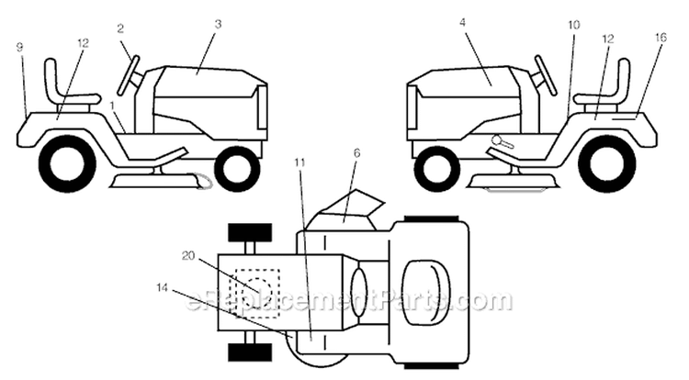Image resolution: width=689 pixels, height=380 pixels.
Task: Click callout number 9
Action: tap(20, 47)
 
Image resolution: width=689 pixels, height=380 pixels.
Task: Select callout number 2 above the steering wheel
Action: tap(120, 29)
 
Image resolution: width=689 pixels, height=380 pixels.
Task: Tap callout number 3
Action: tap(218, 24)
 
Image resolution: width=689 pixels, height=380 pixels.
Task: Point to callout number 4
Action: tap(462, 22)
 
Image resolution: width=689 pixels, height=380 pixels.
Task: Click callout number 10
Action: tap(574, 25)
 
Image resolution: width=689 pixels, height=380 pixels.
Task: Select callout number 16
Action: tap(660, 38)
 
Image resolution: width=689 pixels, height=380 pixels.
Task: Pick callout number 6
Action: tap(356, 153)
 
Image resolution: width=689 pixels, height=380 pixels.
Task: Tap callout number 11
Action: tap(300, 162)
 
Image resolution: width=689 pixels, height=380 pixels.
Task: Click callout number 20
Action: tap(188, 255)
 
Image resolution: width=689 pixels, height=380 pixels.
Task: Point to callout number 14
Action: tap(162, 288)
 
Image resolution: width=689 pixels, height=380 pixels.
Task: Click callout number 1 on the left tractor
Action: tap(112, 106)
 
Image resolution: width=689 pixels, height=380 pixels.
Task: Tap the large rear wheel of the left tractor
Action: tap(67, 163)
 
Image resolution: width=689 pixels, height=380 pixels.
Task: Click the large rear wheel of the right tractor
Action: tap(608, 163)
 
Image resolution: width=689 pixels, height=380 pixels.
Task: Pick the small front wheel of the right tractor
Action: tap(436, 169)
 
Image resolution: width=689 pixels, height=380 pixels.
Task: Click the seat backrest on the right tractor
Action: tap(624, 79)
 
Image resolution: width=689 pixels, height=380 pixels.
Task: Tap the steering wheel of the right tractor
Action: tap(546, 74)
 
